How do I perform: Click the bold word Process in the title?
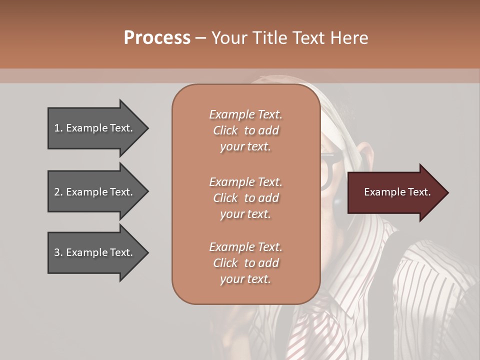[157, 38]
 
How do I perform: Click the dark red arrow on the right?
[395, 192]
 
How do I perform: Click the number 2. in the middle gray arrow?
[58, 192]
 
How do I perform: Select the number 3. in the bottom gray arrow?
[58, 252]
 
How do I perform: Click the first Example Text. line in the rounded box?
[245, 114]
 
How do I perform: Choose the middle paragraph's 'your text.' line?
[245, 213]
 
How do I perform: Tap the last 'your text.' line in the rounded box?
[245, 279]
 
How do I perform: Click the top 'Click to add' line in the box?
[245, 130]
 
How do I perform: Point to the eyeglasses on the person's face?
[330, 170]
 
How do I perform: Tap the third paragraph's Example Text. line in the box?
[245, 247]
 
